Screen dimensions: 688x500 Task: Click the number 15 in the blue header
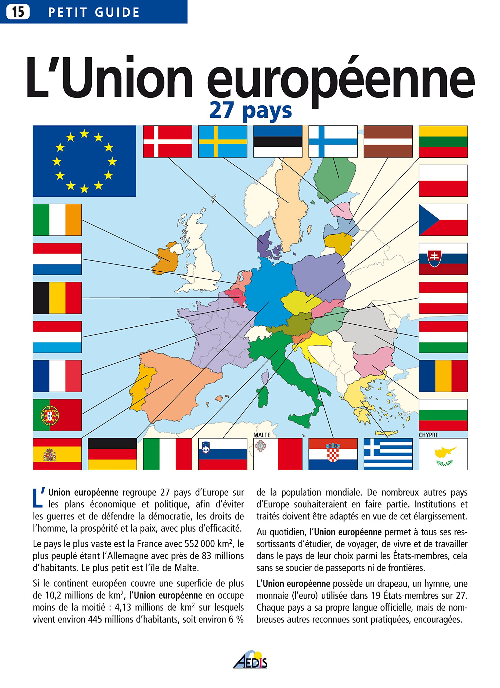tap(18, 12)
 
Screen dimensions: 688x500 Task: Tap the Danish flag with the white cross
tap(167, 141)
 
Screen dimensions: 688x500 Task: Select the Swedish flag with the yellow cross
tap(222, 141)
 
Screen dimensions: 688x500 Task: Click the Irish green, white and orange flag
tap(57, 220)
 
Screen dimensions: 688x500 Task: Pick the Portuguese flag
tap(57, 415)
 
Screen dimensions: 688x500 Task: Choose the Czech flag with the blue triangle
tap(443, 220)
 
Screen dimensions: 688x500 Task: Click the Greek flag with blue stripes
tap(388, 454)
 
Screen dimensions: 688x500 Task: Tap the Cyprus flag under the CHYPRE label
tap(443, 454)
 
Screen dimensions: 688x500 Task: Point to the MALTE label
tap(262, 435)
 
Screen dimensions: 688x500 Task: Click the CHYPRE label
tap(428, 435)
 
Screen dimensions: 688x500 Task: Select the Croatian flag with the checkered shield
tap(333, 454)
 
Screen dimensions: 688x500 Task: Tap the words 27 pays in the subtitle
tap(250, 110)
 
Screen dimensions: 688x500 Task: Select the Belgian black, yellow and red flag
tap(57, 298)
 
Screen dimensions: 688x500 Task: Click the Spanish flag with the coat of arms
tap(57, 454)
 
